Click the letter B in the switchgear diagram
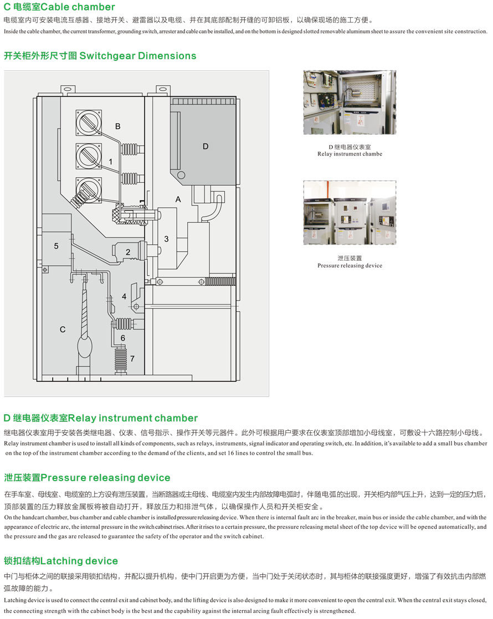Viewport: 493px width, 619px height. click(118, 126)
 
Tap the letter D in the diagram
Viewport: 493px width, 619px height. click(206, 147)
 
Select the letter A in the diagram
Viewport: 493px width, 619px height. click(178, 199)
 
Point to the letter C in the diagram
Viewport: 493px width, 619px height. click(63, 329)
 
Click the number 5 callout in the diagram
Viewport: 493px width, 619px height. click(56, 246)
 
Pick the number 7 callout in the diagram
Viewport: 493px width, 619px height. click(132, 358)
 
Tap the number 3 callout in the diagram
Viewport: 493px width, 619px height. click(166, 239)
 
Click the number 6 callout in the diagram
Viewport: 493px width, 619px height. click(123, 338)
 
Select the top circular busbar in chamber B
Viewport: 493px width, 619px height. click(89, 122)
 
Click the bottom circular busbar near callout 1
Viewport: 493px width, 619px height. click(89, 190)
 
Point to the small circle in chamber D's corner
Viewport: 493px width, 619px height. click(181, 175)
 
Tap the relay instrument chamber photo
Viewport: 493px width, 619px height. click(350, 102)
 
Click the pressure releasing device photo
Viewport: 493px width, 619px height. click(350, 213)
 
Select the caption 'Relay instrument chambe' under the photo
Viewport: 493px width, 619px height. click(350, 154)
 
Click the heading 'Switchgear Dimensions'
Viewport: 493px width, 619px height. click(138, 56)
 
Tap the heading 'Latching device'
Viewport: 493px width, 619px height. click(79, 561)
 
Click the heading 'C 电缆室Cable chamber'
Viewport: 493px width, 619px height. click(59, 7)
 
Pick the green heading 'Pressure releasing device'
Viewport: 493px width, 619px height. click(105, 478)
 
